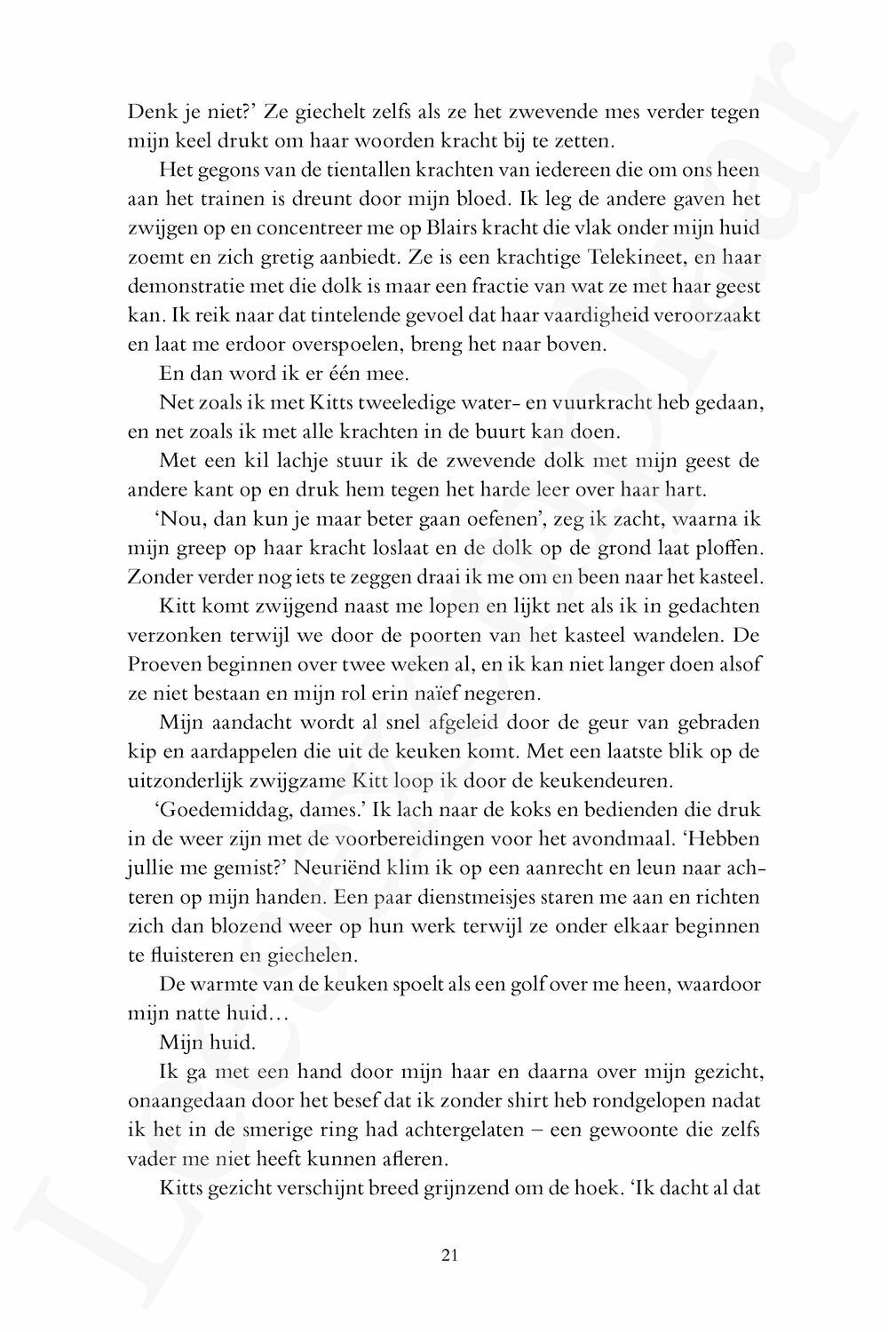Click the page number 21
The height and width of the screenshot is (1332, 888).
pyautogui.click(x=448, y=1255)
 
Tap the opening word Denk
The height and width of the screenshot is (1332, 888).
pyautogui.click(x=148, y=112)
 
